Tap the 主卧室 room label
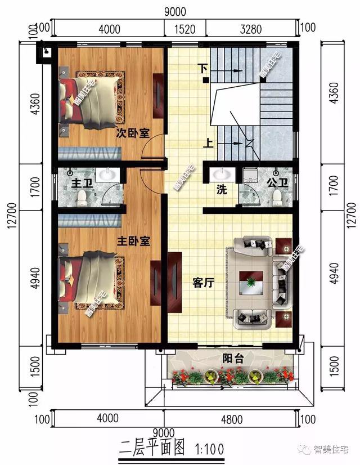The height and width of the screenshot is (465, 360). point(133,241)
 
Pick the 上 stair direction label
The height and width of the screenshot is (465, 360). point(208,143)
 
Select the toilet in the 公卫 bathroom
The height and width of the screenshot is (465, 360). point(277,197)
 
